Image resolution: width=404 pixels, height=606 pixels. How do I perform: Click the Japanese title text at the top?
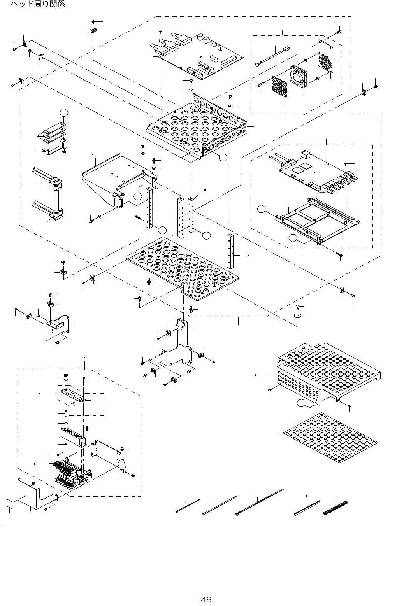(x=37, y=4)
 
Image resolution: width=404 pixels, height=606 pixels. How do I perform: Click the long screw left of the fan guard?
(x=264, y=83)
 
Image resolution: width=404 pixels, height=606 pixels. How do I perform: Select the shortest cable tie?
(x=188, y=506)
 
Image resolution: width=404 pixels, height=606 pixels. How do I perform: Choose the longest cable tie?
(x=260, y=502)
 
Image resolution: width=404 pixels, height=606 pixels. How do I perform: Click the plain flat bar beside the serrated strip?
(x=307, y=508)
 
